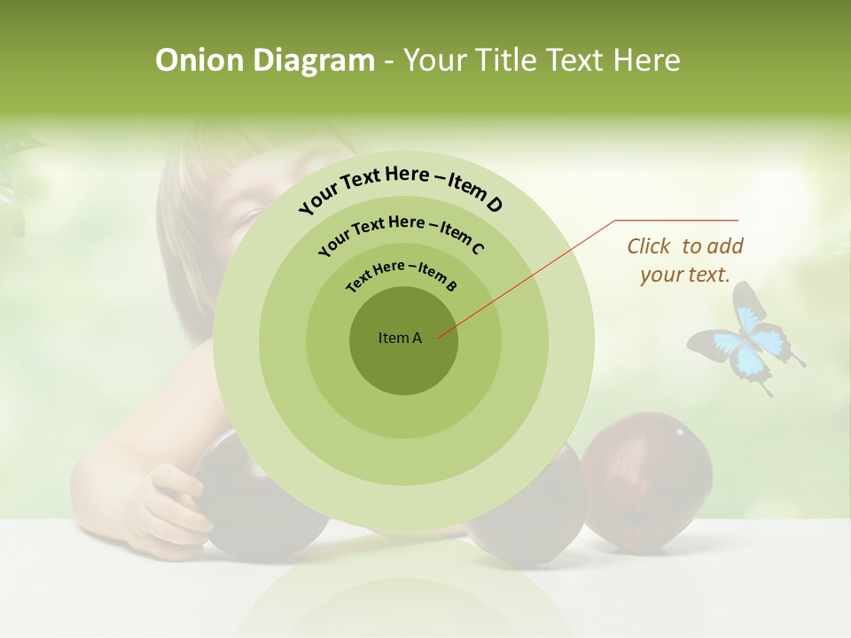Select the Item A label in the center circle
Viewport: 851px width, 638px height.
(x=400, y=338)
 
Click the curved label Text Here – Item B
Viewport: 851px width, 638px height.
(x=402, y=276)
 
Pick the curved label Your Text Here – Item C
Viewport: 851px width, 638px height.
(x=401, y=232)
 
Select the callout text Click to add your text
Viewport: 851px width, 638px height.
(x=685, y=261)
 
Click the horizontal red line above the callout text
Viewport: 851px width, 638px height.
(x=676, y=220)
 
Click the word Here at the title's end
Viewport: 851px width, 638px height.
(x=647, y=60)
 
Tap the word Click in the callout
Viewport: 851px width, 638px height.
(x=650, y=246)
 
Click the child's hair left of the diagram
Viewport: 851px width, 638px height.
(x=186, y=222)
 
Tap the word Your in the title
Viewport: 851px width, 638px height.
(x=437, y=60)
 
